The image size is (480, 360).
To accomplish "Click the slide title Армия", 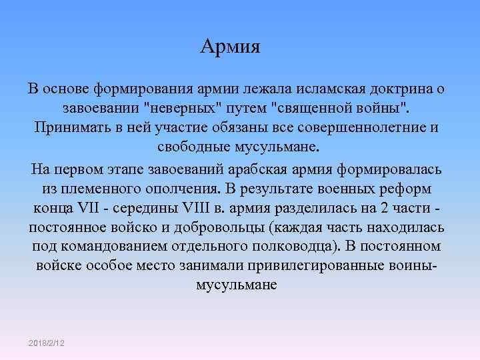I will (x=231, y=48).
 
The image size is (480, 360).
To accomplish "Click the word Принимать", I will (x=70, y=127).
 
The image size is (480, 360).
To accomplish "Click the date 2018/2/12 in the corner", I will (x=51, y=342).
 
